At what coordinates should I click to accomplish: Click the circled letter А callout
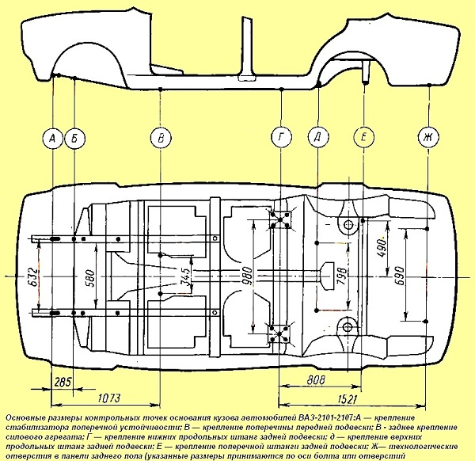51,139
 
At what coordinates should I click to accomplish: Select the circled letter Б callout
74,139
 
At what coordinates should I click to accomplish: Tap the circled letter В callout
161,139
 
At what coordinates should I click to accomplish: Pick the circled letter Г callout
281,139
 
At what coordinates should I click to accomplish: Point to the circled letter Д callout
317,139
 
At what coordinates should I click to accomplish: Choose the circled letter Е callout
363,139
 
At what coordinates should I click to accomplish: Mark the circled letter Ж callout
427,139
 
